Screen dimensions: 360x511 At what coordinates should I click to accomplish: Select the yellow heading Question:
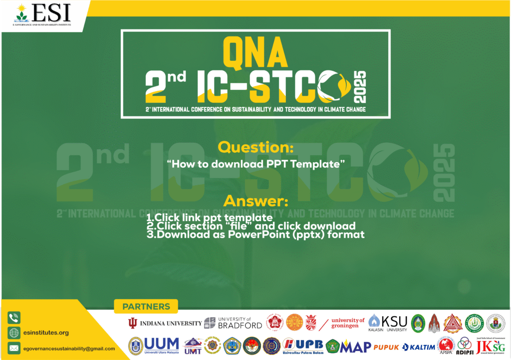pyautogui.click(x=255, y=148)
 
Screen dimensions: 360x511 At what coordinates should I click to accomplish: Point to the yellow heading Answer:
pyautogui.click(x=255, y=202)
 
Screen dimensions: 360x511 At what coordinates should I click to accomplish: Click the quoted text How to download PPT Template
pyautogui.click(x=256, y=164)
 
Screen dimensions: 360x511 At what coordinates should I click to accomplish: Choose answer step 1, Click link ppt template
pyautogui.click(x=209, y=218)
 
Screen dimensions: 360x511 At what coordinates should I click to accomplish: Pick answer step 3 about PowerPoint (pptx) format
pyautogui.click(x=255, y=234)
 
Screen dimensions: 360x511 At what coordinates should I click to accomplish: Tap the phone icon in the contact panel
pyautogui.click(x=14, y=317)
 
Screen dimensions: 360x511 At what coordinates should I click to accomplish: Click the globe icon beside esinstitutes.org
pyautogui.click(x=14, y=333)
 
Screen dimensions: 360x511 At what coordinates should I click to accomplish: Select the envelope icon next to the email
pyautogui.click(x=14, y=348)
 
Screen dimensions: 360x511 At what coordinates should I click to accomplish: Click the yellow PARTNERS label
pyautogui.click(x=146, y=307)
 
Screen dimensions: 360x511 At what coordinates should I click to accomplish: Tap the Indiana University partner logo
pyautogui.click(x=165, y=323)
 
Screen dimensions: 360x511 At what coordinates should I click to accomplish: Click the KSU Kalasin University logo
pyautogui.click(x=388, y=323)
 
